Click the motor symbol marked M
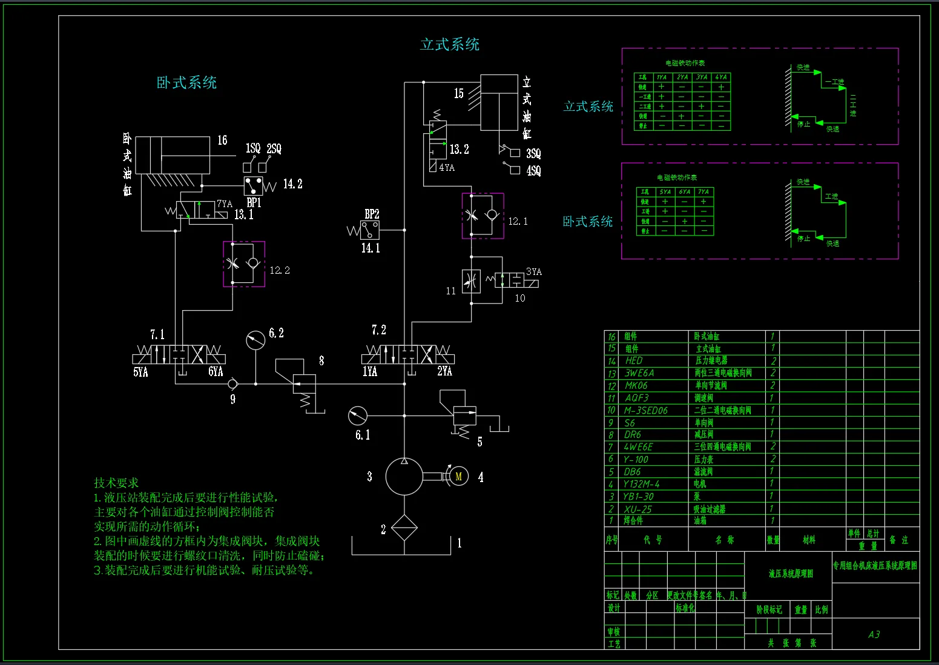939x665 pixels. click(458, 477)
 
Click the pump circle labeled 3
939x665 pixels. click(404, 477)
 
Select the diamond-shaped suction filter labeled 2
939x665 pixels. click(404, 528)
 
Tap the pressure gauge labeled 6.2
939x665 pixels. click(255, 340)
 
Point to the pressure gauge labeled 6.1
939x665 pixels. click(358, 415)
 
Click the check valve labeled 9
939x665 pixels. click(232, 384)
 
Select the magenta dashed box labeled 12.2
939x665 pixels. click(244, 264)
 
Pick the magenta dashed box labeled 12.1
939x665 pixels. click(483, 216)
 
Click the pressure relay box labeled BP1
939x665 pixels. click(253, 185)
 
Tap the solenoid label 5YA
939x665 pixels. click(140, 372)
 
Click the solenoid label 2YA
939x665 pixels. click(444, 371)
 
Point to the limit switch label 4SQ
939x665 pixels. click(533, 171)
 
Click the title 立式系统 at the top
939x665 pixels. click(449, 44)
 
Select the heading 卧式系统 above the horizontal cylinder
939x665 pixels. click(186, 83)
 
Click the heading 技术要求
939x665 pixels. click(116, 483)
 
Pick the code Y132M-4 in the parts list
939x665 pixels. click(641, 484)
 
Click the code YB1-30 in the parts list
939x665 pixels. click(638, 497)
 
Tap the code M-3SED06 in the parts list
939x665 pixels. click(645, 411)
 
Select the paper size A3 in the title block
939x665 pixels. click(874, 635)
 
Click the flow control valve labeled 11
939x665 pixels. click(471, 281)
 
